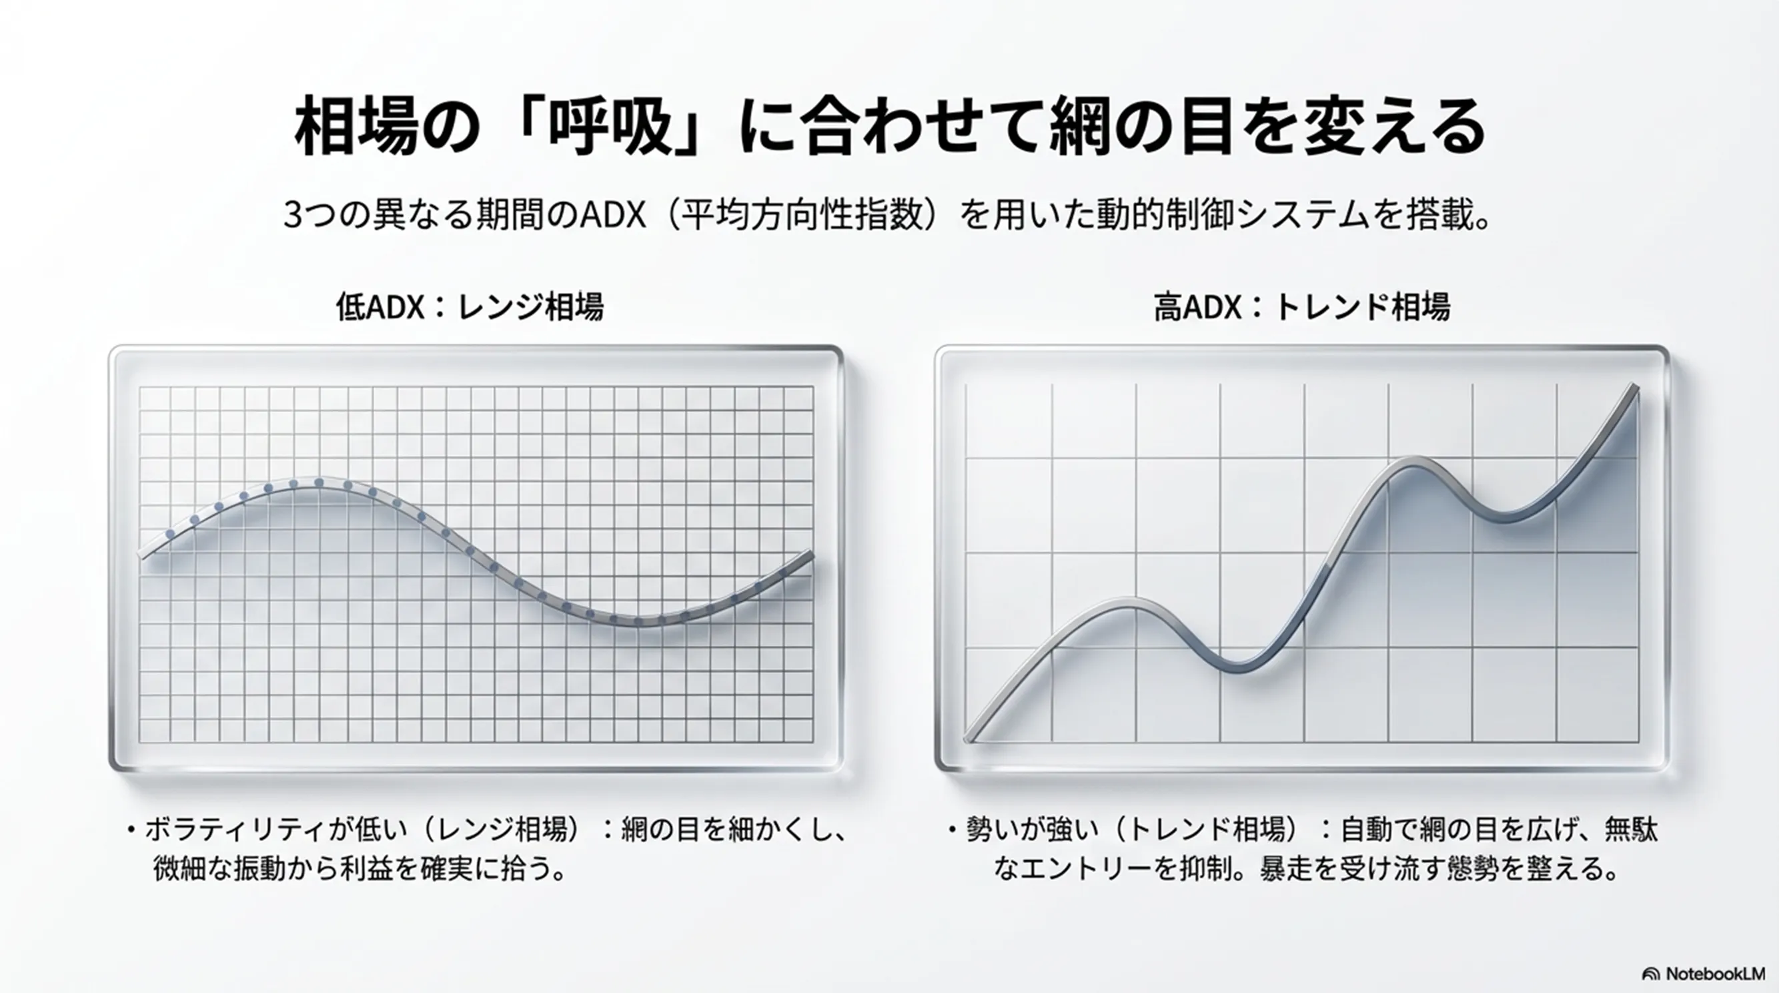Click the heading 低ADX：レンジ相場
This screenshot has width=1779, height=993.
coord(470,307)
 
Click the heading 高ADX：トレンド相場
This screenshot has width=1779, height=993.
coord(1302,307)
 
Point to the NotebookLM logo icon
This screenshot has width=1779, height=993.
coord(1650,974)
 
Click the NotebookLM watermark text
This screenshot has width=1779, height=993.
coord(1715,974)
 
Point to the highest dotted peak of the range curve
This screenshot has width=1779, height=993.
coord(318,482)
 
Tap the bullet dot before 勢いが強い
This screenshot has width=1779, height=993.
coord(953,830)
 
